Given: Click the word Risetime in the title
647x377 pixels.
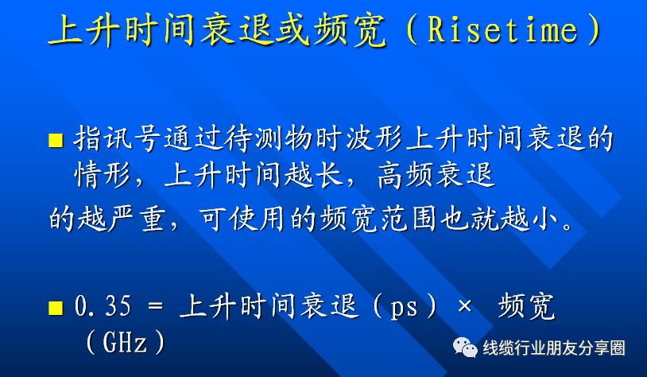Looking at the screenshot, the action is point(502,30).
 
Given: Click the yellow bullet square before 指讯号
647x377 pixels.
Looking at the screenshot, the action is point(56,141).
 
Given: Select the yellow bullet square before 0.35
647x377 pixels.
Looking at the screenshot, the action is point(56,308).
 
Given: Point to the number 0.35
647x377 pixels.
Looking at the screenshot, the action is point(103,306).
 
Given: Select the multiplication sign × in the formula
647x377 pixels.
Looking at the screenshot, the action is point(464,307).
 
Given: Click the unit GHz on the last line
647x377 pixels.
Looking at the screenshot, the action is point(125,342).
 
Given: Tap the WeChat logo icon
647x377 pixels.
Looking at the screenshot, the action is point(465,347).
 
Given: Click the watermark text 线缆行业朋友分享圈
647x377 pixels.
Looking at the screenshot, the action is point(554,348).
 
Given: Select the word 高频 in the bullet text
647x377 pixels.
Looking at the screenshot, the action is point(407,176).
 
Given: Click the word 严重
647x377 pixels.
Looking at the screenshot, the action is point(134,219).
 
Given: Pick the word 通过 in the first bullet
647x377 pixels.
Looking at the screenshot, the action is point(193,138).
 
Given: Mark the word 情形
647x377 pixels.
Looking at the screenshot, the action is point(102,176).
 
